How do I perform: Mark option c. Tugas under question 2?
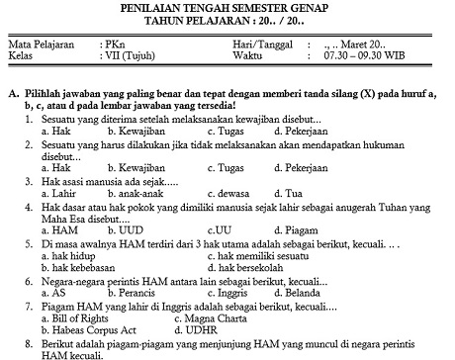(x=216, y=168)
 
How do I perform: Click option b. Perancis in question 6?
(x=136, y=293)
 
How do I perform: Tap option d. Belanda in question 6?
(x=293, y=293)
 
